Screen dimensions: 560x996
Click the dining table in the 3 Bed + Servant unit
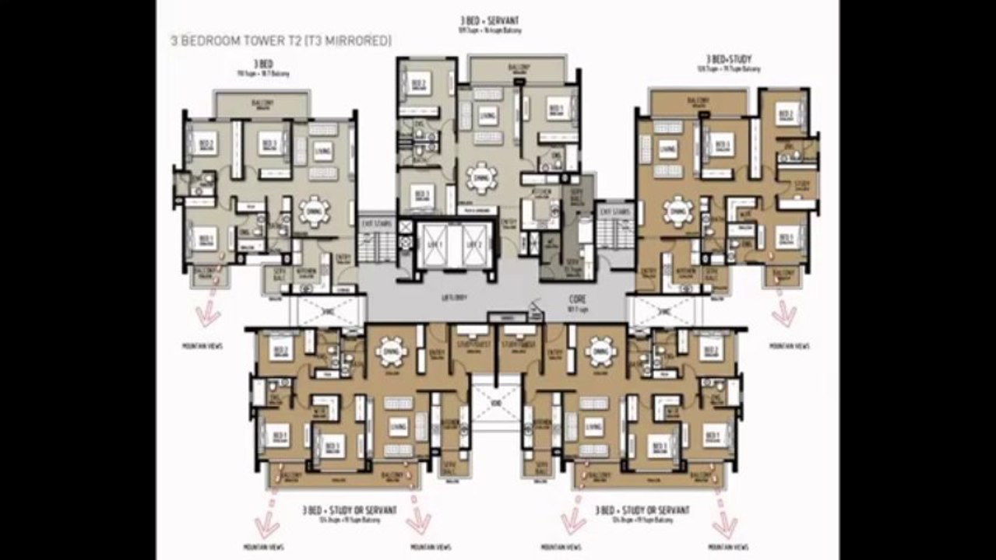483,177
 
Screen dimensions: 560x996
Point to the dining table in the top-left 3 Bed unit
315,211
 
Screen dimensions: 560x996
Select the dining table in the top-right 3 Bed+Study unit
677,210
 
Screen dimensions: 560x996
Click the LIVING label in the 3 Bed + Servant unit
487,116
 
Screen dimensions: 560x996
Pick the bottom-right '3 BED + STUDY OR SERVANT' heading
642,510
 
